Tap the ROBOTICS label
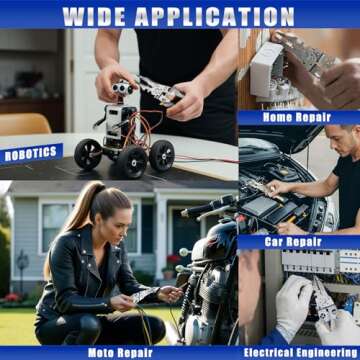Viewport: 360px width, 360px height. [32, 154]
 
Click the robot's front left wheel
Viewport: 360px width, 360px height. [88, 154]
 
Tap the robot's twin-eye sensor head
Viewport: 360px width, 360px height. [123, 90]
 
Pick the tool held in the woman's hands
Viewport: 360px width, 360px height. [140, 295]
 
